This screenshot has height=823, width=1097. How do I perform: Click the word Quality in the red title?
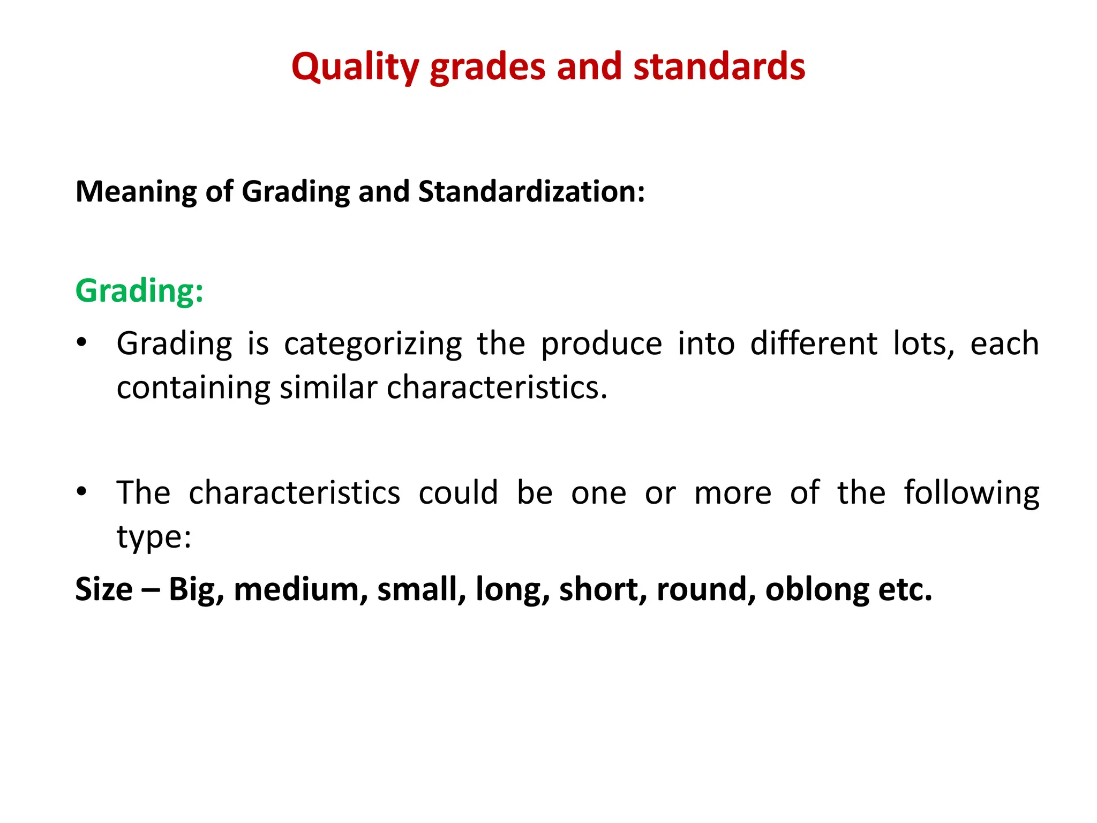[x=355, y=67]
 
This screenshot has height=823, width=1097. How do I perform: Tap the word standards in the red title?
[x=719, y=67]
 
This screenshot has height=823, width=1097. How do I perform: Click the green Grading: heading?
[x=139, y=291]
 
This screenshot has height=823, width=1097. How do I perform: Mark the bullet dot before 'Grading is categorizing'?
[x=81, y=342]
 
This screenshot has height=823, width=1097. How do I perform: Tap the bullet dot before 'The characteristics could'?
[x=81, y=491]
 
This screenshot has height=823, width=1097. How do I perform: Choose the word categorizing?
[x=373, y=344]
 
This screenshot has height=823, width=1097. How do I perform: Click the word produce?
[x=601, y=344]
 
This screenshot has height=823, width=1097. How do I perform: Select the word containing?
[x=193, y=388]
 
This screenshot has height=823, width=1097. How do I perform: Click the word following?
[x=972, y=493]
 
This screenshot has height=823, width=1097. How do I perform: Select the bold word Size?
[x=104, y=589]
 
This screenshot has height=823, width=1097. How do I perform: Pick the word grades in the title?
[x=487, y=68]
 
